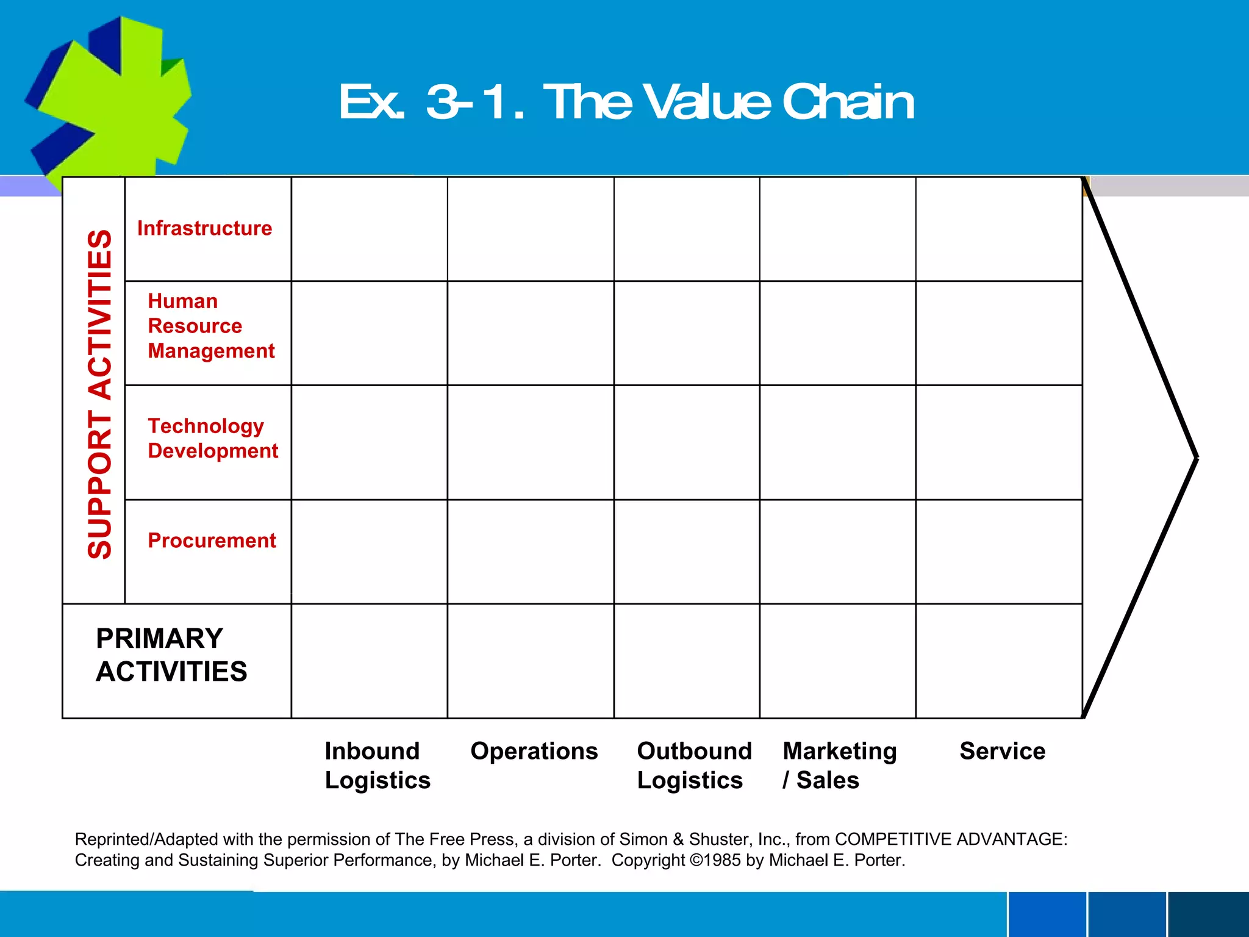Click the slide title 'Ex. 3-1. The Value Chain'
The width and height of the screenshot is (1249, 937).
pyautogui.click(x=626, y=102)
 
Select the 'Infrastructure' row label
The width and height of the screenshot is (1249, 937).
pyautogui.click(x=205, y=228)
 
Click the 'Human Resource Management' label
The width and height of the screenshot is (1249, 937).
pyautogui.click(x=211, y=326)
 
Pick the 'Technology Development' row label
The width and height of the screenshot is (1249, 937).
pyautogui.click(x=212, y=438)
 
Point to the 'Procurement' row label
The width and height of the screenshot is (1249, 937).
pyautogui.click(x=212, y=540)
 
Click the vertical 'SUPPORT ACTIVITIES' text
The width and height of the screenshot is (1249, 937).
pyautogui.click(x=100, y=394)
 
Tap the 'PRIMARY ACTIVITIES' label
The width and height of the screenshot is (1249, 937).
pyautogui.click(x=171, y=655)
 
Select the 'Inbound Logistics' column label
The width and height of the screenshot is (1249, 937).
pyautogui.click(x=378, y=765)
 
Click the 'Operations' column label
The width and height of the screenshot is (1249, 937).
pyautogui.click(x=534, y=751)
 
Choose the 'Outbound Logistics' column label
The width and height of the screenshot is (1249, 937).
pyautogui.click(x=694, y=765)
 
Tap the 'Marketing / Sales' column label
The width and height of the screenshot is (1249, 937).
pyautogui.click(x=839, y=765)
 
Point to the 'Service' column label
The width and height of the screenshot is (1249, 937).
pyautogui.click(x=1002, y=751)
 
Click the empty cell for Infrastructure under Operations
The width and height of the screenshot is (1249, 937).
pyautogui.click(x=531, y=229)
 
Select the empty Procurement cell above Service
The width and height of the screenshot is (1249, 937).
pyautogui.click(x=999, y=551)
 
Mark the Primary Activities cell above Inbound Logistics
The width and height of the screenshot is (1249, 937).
pyautogui.click(x=370, y=661)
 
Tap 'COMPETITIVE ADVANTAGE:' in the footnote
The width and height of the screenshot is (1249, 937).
pyautogui.click(x=951, y=839)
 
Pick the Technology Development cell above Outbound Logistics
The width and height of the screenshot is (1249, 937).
pyautogui.click(x=687, y=442)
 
